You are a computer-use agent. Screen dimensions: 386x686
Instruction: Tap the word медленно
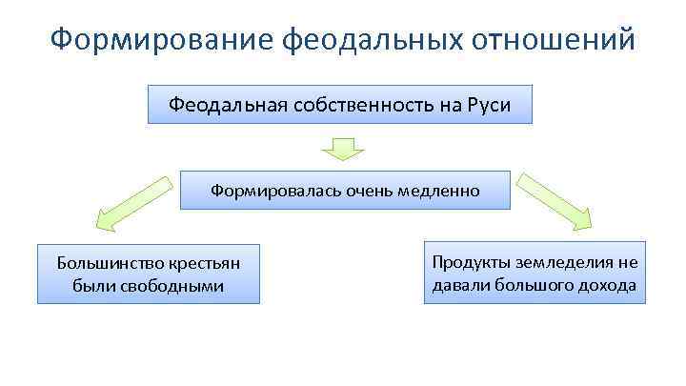point(439,191)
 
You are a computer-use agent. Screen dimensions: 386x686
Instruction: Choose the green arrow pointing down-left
point(130,202)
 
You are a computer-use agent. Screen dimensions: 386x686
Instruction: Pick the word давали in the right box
point(457,285)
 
